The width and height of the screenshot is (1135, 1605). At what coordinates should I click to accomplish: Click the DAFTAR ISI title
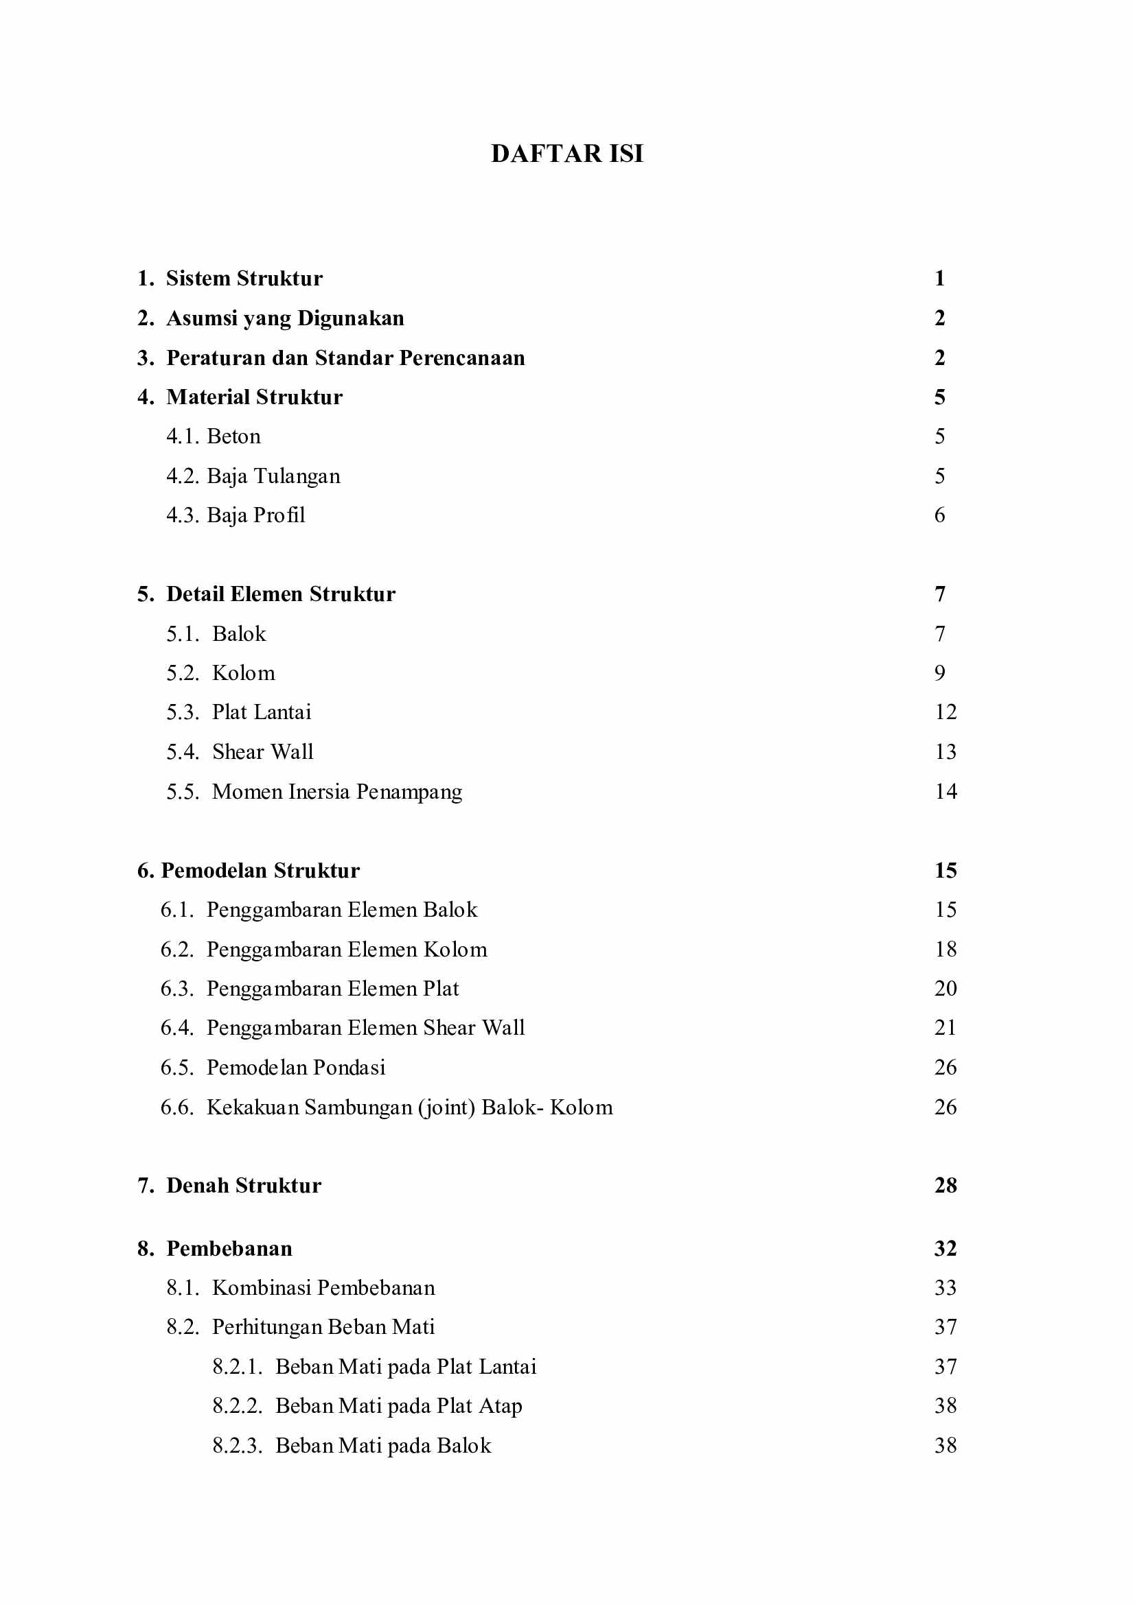[x=566, y=154]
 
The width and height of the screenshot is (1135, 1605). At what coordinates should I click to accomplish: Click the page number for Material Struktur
[x=939, y=397]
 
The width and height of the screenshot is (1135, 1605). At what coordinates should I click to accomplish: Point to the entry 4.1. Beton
[x=214, y=436]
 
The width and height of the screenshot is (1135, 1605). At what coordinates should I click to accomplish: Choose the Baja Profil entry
[x=236, y=515]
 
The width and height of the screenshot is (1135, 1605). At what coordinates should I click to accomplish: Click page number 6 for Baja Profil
[x=939, y=515]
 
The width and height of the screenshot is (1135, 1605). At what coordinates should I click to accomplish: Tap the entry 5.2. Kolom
[x=220, y=673]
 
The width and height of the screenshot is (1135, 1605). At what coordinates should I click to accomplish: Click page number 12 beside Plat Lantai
[x=945, y=712]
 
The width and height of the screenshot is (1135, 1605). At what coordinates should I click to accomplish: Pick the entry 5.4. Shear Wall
[x=240, y=752]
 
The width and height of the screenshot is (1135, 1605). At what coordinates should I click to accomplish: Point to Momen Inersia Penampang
[x=336, y=791]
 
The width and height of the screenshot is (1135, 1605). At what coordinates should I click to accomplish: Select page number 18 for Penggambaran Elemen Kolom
[x=945, y=949]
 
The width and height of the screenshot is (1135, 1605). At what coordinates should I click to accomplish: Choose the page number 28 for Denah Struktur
[x=945, y=1186]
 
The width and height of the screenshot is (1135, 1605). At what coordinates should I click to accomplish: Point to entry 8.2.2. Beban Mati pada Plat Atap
[x=367, y=1406]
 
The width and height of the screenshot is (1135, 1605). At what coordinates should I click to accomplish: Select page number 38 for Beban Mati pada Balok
[x=945, y=1446]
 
